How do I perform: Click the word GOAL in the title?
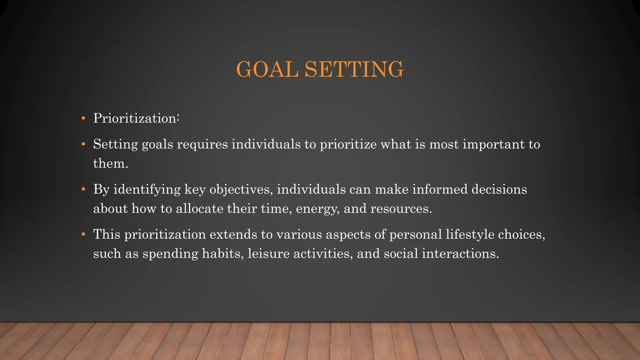tap(267, 69)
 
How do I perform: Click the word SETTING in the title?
tap(354, 69)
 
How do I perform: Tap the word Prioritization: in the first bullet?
tap(136, 118)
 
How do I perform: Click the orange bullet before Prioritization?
tap(83, 119)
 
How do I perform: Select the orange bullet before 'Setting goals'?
tap(83, 144)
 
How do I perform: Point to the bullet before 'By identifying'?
tap(83, 189)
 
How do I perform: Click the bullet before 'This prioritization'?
tap(83, 234)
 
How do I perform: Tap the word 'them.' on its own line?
tap(111, 163)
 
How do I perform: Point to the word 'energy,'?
tap(318, 209)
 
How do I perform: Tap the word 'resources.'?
tap(401, 209)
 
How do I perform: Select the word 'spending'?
tap(170, 254)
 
